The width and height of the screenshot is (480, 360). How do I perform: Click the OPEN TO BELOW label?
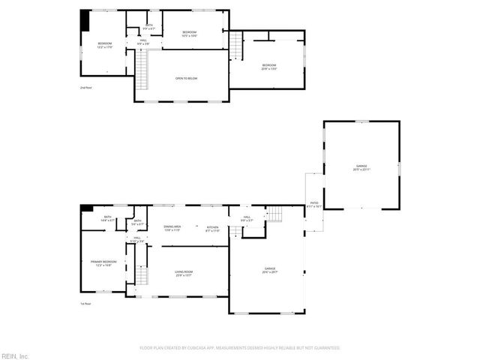click(x=186, y=77)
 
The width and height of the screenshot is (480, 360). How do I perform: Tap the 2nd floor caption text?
click(x=85, y=88)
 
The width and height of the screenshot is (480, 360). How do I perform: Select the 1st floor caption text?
click(x=85, y=304)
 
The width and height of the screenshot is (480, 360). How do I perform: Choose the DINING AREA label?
click(x=172, y=227)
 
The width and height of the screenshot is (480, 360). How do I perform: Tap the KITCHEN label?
click(x=212, y=228)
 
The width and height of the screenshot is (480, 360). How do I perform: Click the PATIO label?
click(x=315, y=203)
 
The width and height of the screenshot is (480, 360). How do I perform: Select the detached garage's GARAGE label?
click(x=362, y=167)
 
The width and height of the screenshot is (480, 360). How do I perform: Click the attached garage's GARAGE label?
click(x=269, y=269)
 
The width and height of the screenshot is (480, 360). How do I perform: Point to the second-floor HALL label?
click(x=143, y=42)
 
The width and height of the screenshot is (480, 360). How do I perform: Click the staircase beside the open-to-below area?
click(x=141, y=70)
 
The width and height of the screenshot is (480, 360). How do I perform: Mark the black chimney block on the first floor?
click(x=86, y=208)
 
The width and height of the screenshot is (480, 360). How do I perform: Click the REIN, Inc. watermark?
click(x=15, y=355)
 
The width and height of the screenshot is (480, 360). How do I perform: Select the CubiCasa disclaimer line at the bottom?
click(x=240, y=348)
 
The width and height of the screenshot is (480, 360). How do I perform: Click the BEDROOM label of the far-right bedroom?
click(x=269, y=67)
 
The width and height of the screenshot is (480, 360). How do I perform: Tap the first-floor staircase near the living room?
click(x=139, y=276)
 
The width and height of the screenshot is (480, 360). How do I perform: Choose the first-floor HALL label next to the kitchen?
click(x=246, y=219)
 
